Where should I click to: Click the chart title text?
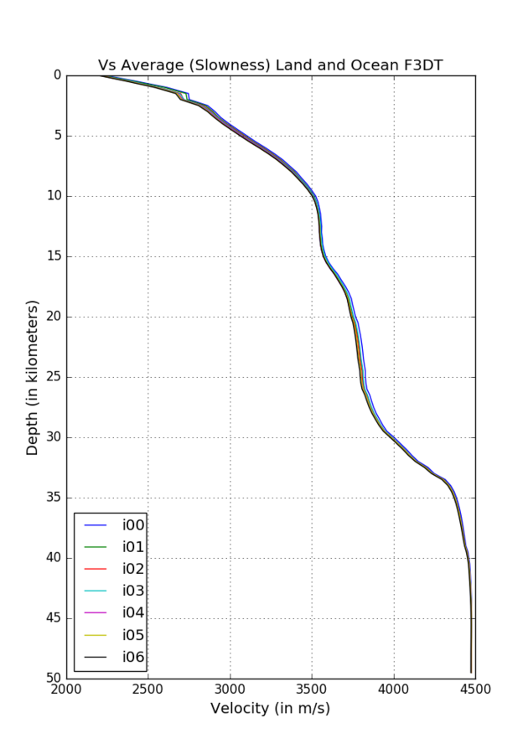[270, 65]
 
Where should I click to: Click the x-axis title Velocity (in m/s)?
[270, 709]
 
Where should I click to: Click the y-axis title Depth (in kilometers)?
[33, 377]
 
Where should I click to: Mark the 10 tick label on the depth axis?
[53, 196]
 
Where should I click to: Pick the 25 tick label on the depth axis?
[53, 377]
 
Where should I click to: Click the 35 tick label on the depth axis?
[53, 498]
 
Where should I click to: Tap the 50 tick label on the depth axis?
[53, 678]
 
